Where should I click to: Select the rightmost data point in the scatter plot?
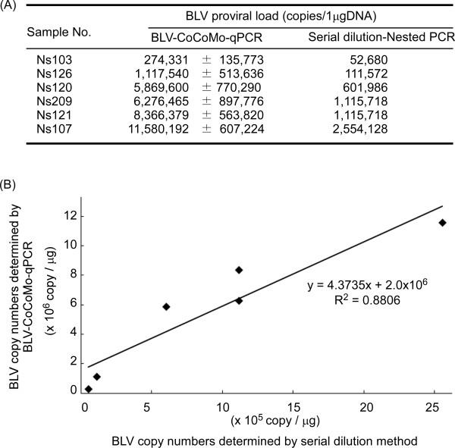click(x=442, y=222)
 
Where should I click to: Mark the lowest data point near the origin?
click(x=89, y=389)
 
